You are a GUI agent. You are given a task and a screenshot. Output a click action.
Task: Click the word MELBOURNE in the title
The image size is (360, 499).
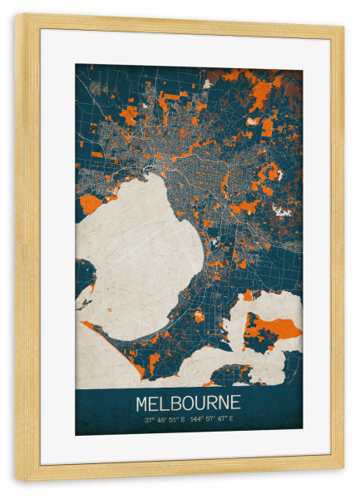[189, 403]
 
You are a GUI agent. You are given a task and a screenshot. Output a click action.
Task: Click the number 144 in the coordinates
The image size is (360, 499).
[198, 420]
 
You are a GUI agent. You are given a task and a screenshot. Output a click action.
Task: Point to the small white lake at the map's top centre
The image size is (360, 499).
[206, 84]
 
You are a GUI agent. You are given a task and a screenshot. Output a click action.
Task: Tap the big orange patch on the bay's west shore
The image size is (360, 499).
[90, 203]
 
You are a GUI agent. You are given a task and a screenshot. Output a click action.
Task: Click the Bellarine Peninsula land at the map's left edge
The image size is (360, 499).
[83, 274]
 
